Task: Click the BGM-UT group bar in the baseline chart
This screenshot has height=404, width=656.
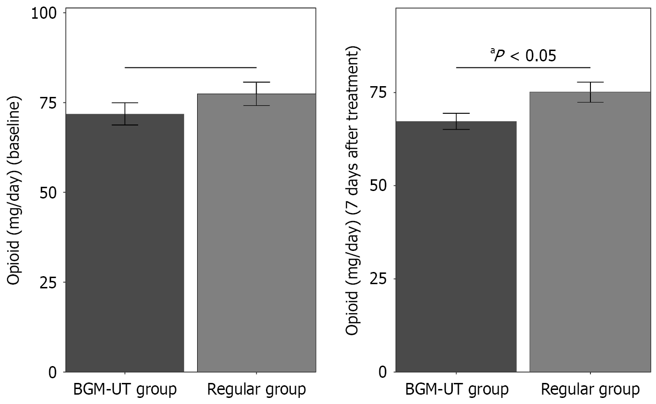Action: tap(125, 243)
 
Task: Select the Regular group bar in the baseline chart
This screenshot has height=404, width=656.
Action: tap(256, 234)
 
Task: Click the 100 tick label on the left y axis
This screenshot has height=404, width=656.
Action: tap(44, 13)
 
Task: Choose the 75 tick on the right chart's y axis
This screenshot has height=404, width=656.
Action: tap(379, 93)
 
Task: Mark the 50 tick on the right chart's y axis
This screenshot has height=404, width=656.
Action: tap(379, 186)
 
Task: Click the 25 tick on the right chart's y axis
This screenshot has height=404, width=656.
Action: tap(379, 279)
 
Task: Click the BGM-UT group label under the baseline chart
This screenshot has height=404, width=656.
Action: tap(125, 390)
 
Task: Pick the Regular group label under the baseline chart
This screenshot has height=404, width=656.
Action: tap(256, 390)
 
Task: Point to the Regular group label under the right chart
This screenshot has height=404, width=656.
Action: tap(590, 390)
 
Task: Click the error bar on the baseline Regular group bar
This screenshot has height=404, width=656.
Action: tap(256, 94)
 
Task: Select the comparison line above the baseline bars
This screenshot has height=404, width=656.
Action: tap(191, 67)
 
